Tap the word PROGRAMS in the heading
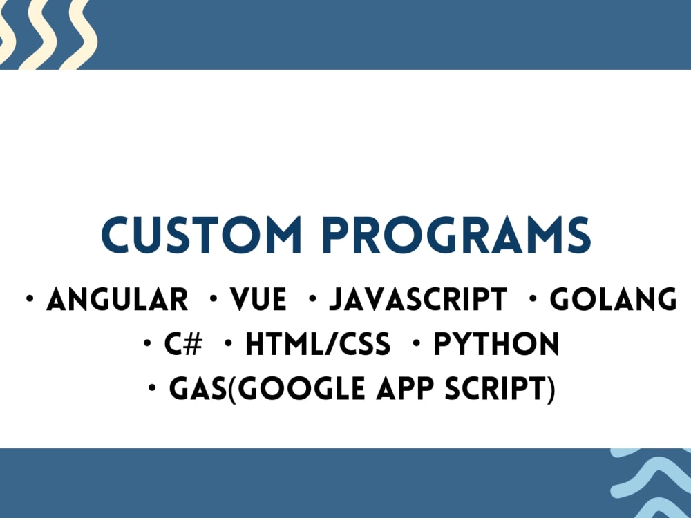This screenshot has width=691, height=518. (459, 236)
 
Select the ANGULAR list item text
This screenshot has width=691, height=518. (117, 300)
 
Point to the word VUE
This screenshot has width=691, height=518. (258, 300)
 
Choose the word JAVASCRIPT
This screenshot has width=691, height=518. (417, 300)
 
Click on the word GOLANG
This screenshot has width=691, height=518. (613, 300)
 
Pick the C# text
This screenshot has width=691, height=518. (183, 345)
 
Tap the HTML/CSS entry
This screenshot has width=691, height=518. (317, 345)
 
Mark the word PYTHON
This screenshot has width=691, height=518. (496, 345)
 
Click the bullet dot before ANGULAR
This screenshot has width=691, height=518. (30, 300)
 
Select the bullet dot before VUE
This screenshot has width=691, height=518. (215, 300)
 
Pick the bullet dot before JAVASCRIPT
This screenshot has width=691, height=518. (313, 300)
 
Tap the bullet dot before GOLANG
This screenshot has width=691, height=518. (533, 300)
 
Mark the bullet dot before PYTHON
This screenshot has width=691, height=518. (417, 344)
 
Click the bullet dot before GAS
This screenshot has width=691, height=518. (152, 390)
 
